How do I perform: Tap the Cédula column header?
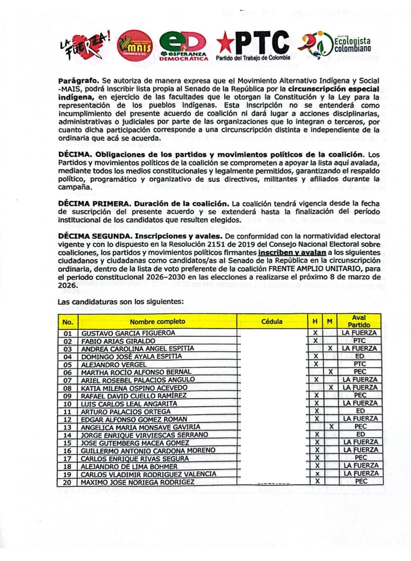pos(272,321)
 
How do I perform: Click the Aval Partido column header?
pos(359,321)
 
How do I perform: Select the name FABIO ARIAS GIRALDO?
pos(118,341)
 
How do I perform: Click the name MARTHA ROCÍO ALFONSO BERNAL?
pos(136,372)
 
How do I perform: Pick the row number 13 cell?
pos(67,427)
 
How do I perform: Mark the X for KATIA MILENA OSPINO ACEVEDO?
pos(331,387)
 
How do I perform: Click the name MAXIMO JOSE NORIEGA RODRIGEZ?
pos(137,482)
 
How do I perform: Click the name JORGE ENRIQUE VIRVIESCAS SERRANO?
pos(144,435)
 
